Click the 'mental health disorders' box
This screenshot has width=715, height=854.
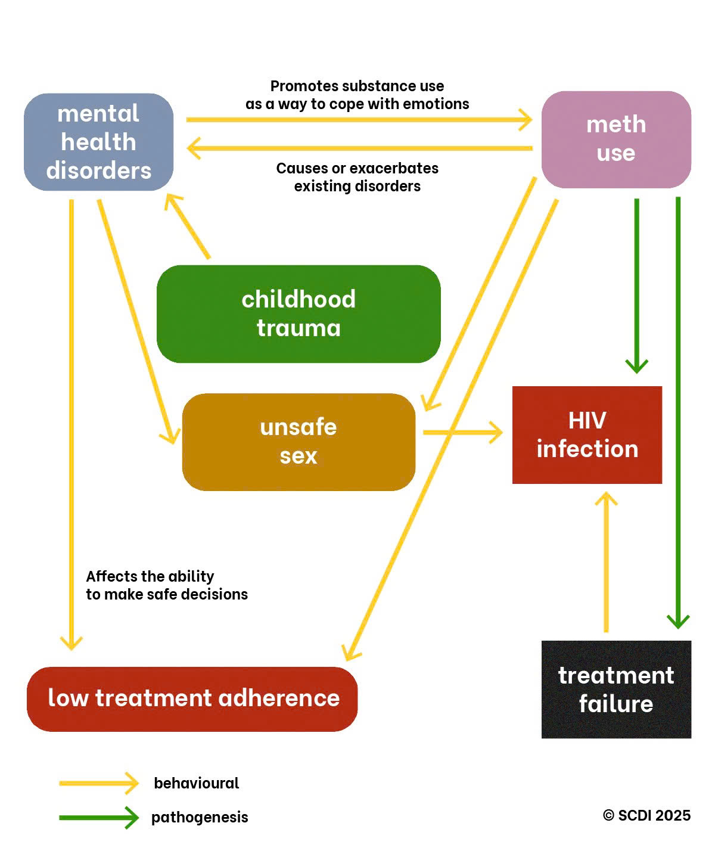(98, 142)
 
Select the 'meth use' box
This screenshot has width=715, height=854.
(616, 139)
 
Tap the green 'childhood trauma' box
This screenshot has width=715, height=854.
(299, 313)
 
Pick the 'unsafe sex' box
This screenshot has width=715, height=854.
(299, 442)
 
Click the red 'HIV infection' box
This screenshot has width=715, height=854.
(587, 434)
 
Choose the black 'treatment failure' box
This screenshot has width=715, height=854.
(616, 689)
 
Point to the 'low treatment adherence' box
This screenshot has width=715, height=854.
(192, 698)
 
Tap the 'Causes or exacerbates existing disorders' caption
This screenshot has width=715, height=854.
(357, 177)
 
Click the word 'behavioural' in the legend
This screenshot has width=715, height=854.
(196, 783)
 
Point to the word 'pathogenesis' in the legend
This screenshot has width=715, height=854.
(200, 817)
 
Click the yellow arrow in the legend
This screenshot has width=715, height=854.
(98, 783)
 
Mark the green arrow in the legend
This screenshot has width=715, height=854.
(98, 818)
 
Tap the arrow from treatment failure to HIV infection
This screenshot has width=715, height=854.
(606, 560)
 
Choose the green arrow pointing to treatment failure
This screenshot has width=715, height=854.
(678, 411)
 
